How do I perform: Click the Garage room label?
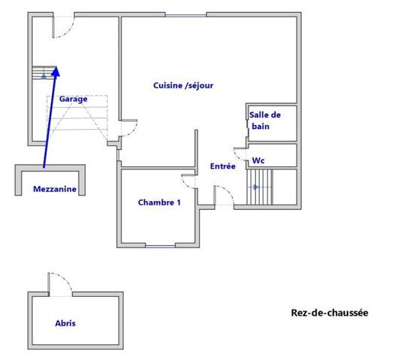click(74, 99)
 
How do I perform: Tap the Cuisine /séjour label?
click(183, 85)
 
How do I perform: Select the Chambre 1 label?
click(159, 202)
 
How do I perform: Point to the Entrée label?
click(223, 166)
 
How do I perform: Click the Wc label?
click(258, 160)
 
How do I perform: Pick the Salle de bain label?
click(265, 121)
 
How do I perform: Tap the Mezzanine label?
click(55, 189)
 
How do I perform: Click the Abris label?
click(65, 323)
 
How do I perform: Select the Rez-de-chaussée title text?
click(330, 313)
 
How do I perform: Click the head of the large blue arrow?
click(56, 71)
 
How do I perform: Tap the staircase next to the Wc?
click(259, 187)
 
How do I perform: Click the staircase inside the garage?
click(44, 73)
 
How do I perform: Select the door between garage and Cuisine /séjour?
click(129, 128)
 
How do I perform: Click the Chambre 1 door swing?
click(188, 181)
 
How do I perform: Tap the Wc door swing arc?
click(240, 154)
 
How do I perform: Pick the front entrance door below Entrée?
click(224, 195)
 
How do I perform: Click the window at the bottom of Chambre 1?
click(160, 245)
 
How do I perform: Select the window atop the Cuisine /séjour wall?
click(185, 16)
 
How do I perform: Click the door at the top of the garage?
click(64, 25)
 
